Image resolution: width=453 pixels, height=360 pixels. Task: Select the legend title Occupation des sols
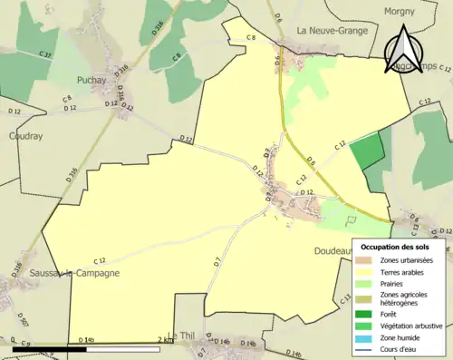[396, 247]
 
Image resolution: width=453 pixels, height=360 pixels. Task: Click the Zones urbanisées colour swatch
[366, 261]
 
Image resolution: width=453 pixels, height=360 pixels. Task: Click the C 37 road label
[44, 55]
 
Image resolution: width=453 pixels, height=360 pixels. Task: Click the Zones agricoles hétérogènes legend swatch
[366, 298]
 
